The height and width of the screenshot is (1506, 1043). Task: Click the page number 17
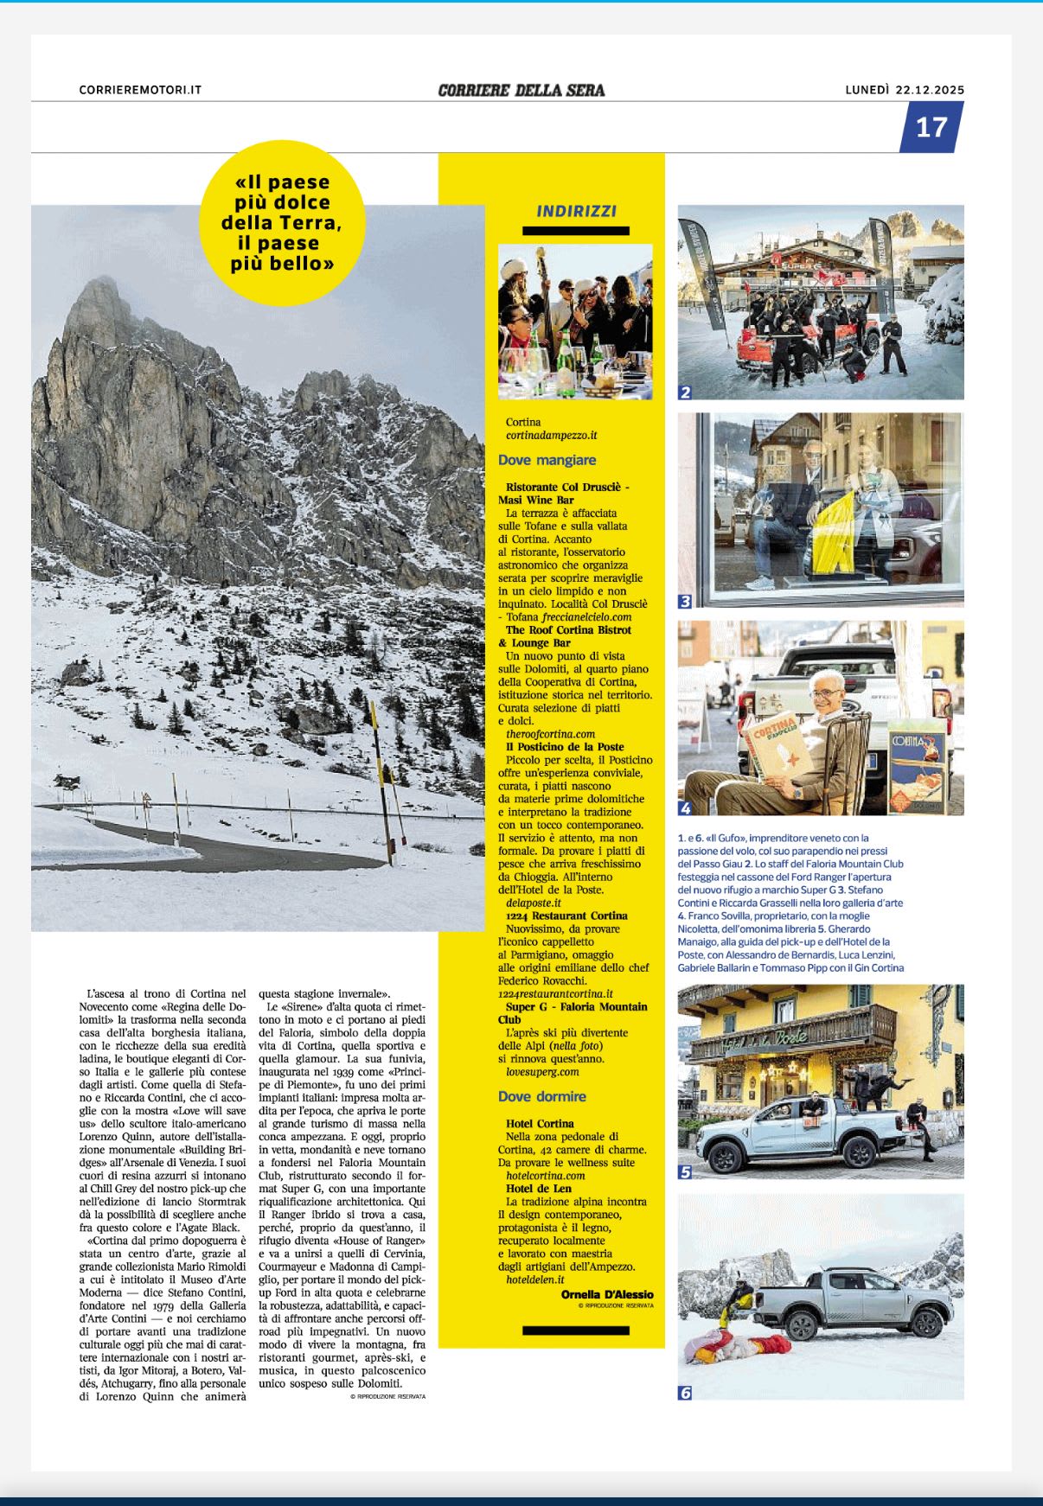[x=931, y=127]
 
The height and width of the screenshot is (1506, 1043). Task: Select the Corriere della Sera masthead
[x=521, y=90]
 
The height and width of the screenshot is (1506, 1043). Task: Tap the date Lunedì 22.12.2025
[x=905, y=90]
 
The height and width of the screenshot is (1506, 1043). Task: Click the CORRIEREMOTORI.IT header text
[x=140, y=90]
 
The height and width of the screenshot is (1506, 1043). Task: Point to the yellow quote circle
[x=282, y=223]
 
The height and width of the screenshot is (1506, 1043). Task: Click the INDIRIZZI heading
[x=576, y=211]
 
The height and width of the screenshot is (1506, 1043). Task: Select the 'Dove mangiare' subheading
[x=547, y=460]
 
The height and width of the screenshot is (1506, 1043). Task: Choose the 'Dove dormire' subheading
[x=541, y=1096]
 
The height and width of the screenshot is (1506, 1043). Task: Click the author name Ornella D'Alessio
[x=607, y=1294]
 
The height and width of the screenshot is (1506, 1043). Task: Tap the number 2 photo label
[x=685, y=392]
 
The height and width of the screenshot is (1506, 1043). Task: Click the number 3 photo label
[x=685, y=600]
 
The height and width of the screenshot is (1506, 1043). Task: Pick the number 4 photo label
[x=685, y=808]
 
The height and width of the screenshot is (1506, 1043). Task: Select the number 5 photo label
[x=685, y=1172]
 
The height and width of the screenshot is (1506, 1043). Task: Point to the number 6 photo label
[x=685, y=1393]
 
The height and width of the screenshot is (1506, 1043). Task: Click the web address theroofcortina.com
[x=550, y=734]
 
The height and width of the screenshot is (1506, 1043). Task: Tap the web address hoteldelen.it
[x=534, y=1279]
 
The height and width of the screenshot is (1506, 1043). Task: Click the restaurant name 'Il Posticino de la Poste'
[x=565, y=747]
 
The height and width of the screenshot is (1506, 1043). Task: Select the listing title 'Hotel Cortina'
[x=540, y=1124]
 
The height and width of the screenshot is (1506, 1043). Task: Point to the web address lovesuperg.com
[x=542, y=1072]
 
